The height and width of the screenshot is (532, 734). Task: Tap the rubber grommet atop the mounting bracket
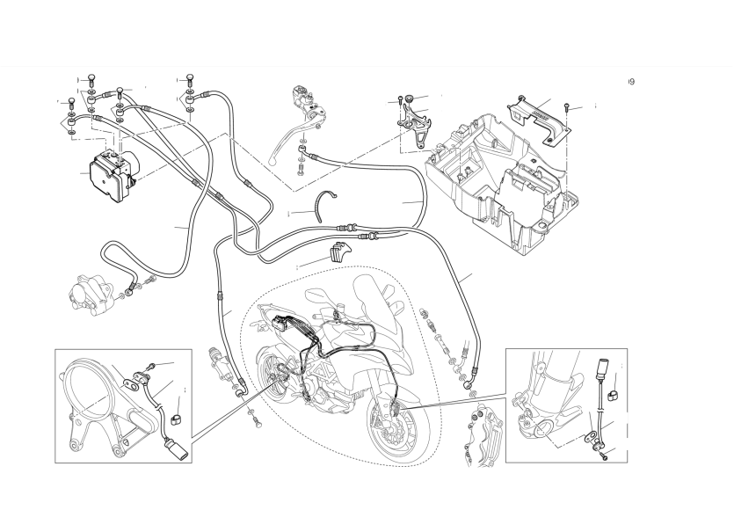point(410,99)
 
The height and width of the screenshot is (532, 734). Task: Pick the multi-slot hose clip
point(338,251)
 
